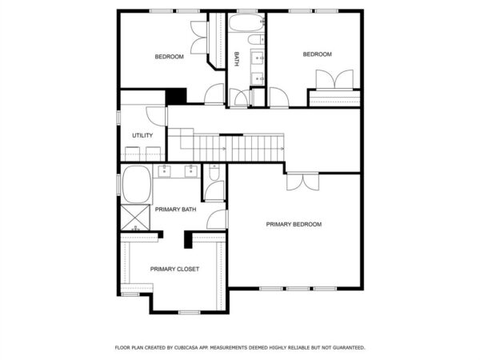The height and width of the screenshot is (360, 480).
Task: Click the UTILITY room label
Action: (x=142, y=135)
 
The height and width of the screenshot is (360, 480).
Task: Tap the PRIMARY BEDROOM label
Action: (x=294, y=224)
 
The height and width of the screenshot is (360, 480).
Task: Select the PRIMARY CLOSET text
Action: (x=174, y=269)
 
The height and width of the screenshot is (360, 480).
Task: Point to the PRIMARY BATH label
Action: (x=175, y=210)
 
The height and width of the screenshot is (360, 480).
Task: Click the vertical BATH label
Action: (x=237, y=59)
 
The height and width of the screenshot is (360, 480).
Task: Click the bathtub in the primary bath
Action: (x=137, y=185)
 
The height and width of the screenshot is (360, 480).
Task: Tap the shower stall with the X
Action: (x=135, y=218)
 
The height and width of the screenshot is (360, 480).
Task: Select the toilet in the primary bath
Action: (x=214, y=173)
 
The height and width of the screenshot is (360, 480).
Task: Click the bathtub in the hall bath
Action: (x=246, y=22)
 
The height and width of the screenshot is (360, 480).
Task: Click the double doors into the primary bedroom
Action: (x=302, y=182)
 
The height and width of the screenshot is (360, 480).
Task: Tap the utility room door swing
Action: (x=156, y=116)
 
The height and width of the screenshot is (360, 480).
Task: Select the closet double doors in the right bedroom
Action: (x=334, y=79)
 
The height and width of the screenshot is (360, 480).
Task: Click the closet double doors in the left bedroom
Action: (x=199, y=38)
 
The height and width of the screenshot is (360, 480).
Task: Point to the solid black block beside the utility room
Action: (x=176, y=96)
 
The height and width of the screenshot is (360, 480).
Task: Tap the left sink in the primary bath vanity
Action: (x=165, y=171)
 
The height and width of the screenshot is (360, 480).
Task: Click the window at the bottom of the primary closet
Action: (x=189, y=312)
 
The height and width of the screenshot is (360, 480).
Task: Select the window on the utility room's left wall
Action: (x=118, y=118)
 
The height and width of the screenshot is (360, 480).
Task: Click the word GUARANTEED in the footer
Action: (x=349, y=347)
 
